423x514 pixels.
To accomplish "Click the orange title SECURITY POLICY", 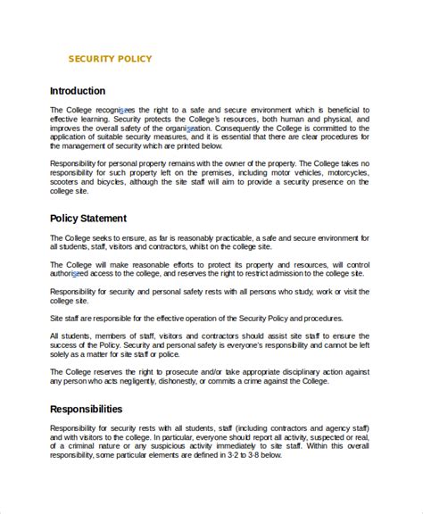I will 110,60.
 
